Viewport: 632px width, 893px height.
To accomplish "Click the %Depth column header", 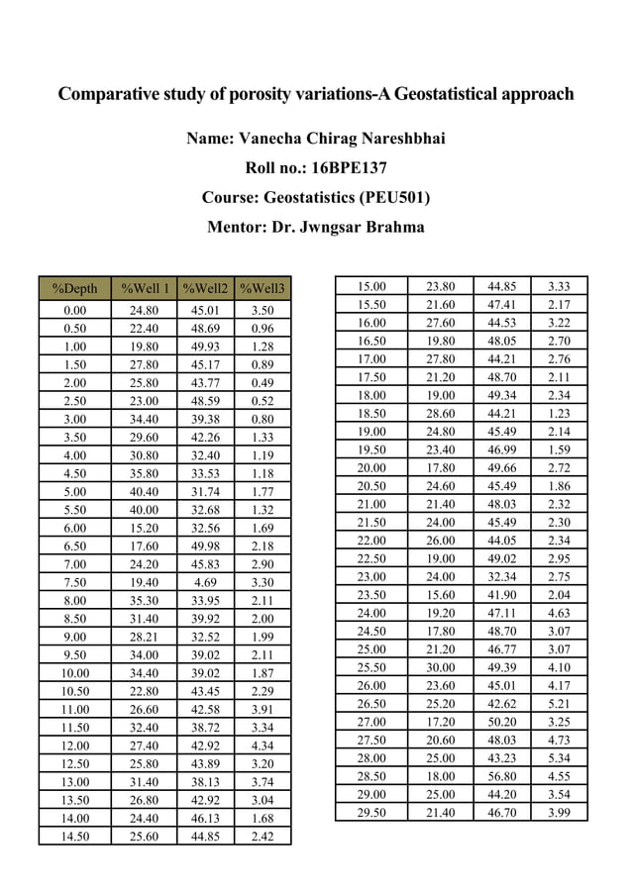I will pyautogui.click(x=74, y=289).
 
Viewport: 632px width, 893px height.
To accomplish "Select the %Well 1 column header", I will pyautogui.click(x=145, y=289).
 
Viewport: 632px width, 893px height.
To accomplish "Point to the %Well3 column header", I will pyautogui.click(x=263, y=289).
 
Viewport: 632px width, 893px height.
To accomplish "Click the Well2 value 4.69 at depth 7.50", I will pyautogui.click(x=206, y=582).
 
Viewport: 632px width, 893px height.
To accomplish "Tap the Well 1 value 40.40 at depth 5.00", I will pyautogui.click(x=145, y=491).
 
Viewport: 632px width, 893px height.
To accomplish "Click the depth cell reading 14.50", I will pyautogui.click(x=74, y=837).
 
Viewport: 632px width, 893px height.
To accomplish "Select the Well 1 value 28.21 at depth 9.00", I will pyautogui.click(x=145, y=637).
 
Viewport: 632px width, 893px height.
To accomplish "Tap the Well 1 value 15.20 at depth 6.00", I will pyautogui.click(x=145, y=528).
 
